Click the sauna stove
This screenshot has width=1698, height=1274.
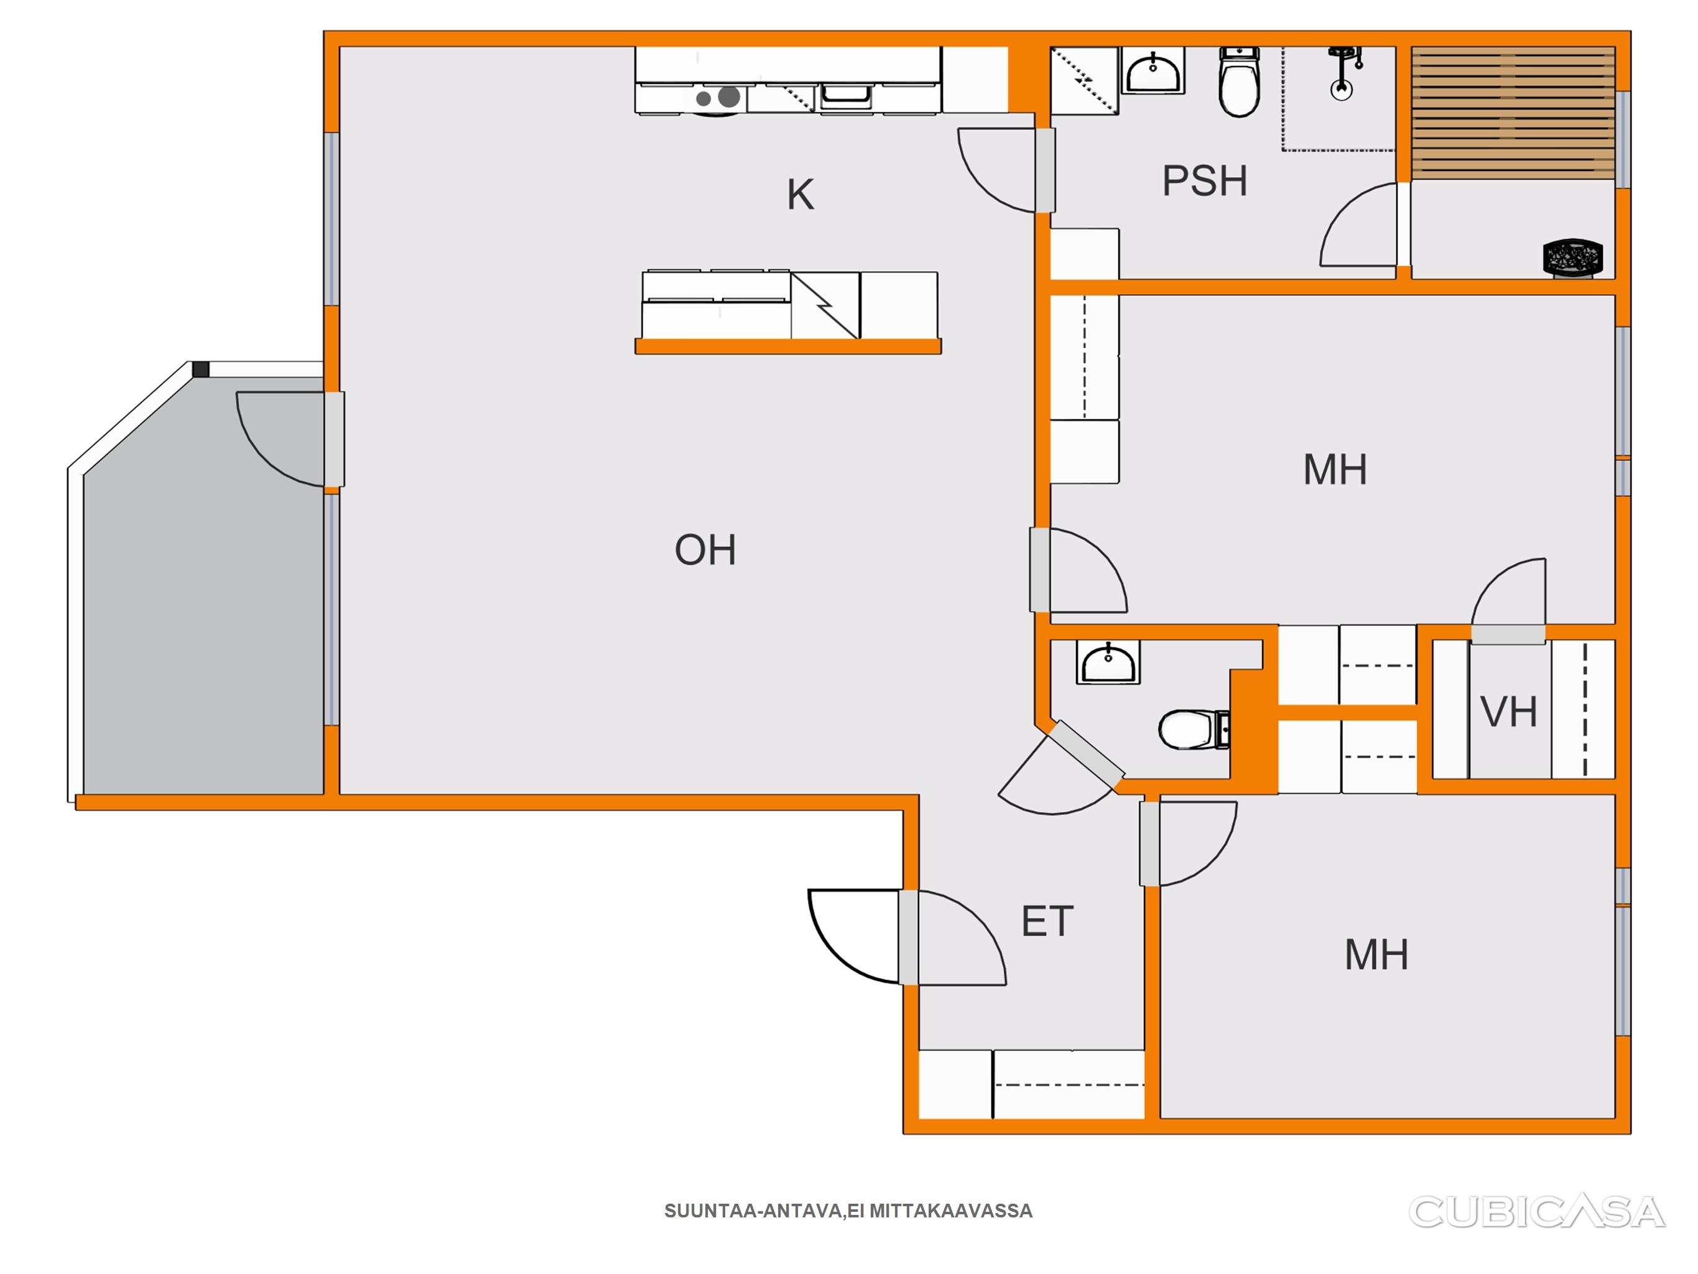click(x=1573, y=256)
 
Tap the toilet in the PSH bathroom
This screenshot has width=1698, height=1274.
click(x=1239, y=81)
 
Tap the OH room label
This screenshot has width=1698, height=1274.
click(x=705, y=550)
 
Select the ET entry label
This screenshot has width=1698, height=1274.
click(x=1047, y=921)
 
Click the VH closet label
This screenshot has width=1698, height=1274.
click(x=1508, y=712)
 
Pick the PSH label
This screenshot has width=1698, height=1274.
click(x=1204, y=181)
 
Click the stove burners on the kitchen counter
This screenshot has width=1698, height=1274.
click(x=718, y=98)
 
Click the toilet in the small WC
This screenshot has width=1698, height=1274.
click(x=1194, y=729)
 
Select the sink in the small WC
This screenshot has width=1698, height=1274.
click(x=1108, y=662)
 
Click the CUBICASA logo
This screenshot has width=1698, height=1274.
click(x=1536, y=1212)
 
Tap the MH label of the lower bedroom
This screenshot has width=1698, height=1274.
click(x=1376, y=954)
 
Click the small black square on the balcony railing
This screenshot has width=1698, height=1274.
click(x=201, y=370)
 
